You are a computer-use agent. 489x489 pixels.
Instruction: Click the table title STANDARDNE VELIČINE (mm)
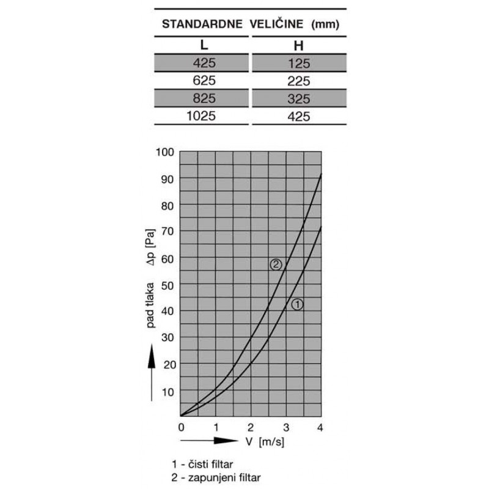[x=249, y=25]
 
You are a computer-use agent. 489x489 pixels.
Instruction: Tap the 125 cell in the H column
[x=299, y=63]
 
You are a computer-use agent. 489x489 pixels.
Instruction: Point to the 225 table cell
[x=299, y=81]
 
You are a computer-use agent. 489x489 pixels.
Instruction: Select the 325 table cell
[x=299, y=98]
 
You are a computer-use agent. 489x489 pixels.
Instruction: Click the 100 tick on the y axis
[x=166, y=151]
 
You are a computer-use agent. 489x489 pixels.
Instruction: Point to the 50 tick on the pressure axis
[x=167, y=284]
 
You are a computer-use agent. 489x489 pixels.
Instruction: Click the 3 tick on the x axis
[x=286, y=426]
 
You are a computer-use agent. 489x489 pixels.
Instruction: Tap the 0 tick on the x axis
[x=181, y=426]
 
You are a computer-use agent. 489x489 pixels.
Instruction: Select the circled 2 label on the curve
[x=276, y=265]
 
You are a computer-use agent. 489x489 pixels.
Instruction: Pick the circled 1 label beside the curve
[x=297, y=304]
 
